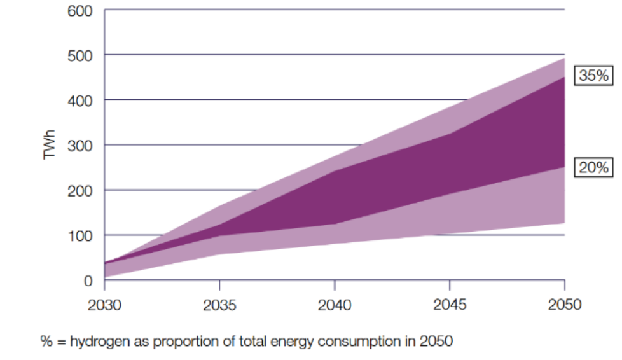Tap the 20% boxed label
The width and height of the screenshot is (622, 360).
coord(595,167)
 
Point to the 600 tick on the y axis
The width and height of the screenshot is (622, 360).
coord(80,10)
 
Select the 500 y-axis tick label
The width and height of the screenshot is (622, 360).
coord(80,55)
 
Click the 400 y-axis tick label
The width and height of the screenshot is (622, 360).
coord(80,100)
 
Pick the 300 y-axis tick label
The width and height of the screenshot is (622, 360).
coord(80,146)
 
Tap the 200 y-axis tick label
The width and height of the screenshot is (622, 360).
coord(80,190)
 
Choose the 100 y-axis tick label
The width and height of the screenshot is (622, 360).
coord(80,235)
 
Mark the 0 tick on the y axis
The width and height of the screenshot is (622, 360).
coord(88,280)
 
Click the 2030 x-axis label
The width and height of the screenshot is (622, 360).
coord(104,305)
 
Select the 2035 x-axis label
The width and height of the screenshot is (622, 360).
coord(219,305)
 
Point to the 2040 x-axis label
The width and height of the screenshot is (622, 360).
coord(335,305)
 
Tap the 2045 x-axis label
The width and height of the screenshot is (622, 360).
coord(450,305)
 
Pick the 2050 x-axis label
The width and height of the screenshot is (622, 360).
coord(565,305)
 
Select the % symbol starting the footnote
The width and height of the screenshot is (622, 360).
coord(46,342)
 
